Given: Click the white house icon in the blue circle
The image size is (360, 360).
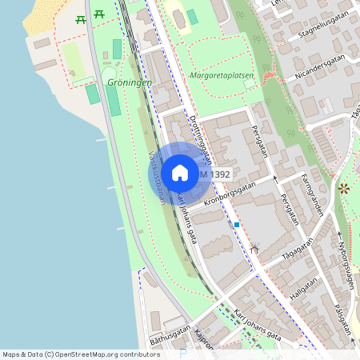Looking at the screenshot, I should pos(179,173).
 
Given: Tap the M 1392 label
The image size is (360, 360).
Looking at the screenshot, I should pos(214,174).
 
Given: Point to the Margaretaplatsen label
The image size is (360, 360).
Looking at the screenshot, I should pos(222,75).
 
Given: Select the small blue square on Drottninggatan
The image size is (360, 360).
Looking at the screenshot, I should pos(237,225).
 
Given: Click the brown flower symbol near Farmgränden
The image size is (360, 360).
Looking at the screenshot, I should pos(344,189).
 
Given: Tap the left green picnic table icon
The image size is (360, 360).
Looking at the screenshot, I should pos(79,18).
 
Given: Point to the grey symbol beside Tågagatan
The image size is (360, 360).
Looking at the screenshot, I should pos(255,248).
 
